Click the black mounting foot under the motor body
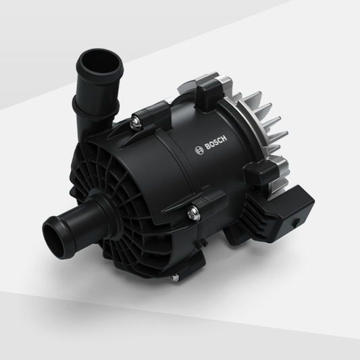(x=233, y=233)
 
